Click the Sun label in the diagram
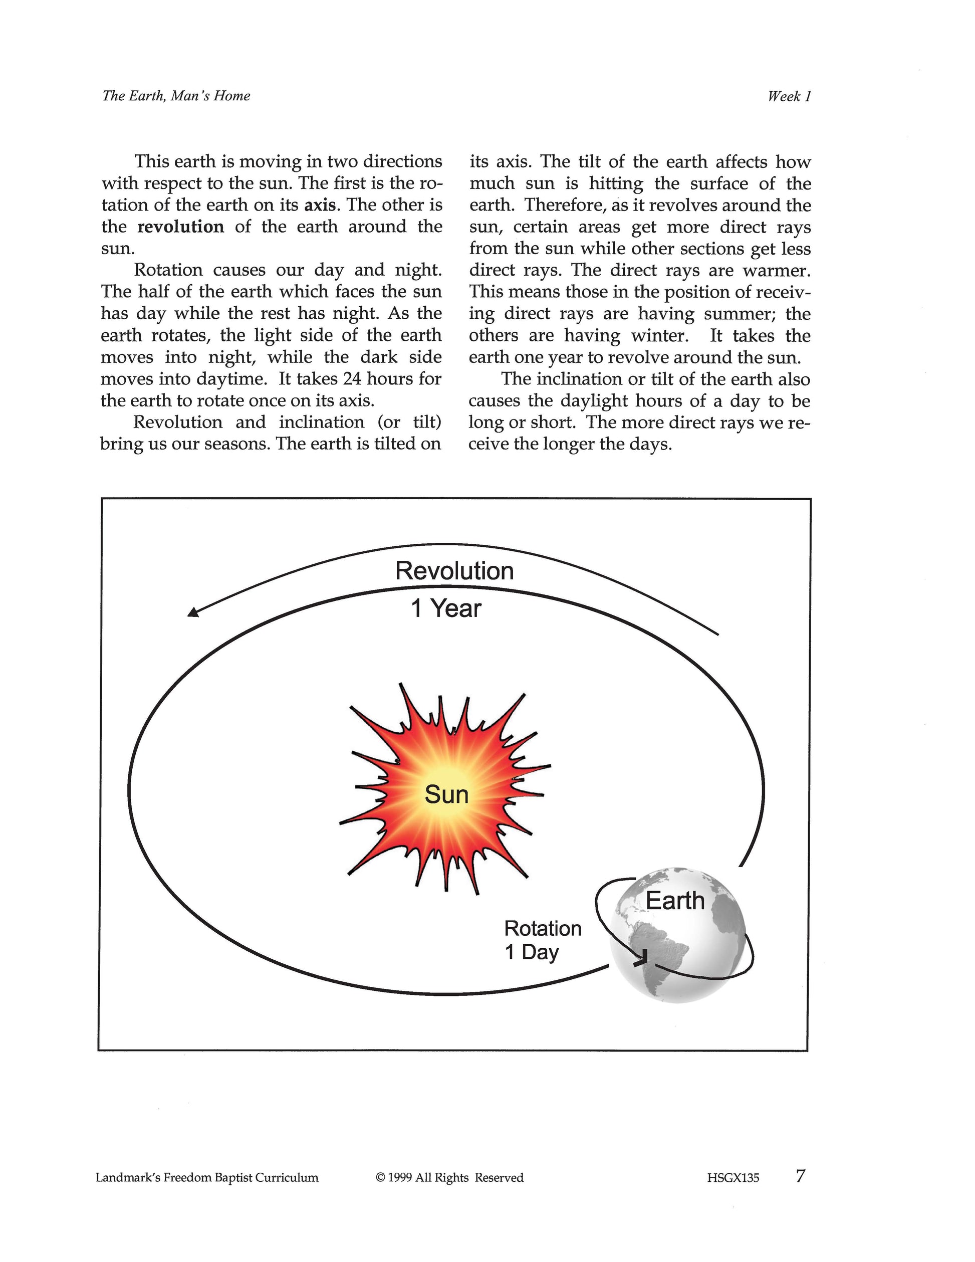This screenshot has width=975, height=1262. pos(446,794)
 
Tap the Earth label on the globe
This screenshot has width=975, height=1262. pos(675,900)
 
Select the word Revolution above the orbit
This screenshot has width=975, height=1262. pos(454,571)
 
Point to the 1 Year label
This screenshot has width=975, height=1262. pos(446,608)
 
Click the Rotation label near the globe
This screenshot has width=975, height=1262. pos(543,928)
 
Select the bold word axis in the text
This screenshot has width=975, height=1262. pos(320,205)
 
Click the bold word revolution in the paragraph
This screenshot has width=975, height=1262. pos(180,227)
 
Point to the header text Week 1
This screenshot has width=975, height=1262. pos(789,97)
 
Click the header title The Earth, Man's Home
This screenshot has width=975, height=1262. pos(176,96)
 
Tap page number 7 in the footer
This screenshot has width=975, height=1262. pos(800,1176)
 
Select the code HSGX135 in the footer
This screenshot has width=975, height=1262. pos(733,1178)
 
